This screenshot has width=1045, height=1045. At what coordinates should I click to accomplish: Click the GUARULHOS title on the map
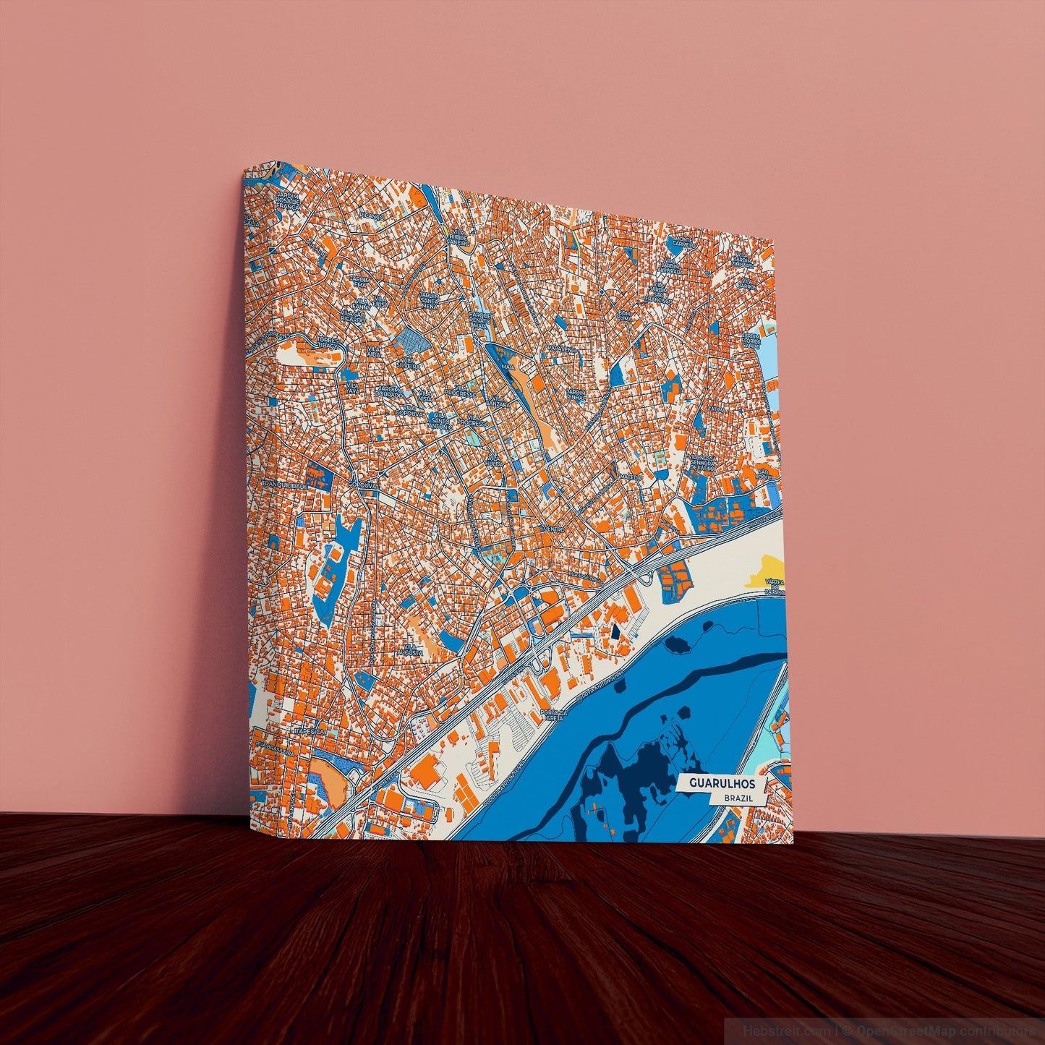(x=722, y=783)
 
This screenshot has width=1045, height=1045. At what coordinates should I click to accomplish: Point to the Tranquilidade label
(x=284, y=485)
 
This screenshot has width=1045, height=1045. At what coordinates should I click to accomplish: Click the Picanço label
(x=372, y=216)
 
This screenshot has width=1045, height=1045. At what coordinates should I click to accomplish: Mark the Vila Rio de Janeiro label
(x=458, y=237)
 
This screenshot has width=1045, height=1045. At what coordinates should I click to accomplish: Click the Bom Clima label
(x=625, y=316)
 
